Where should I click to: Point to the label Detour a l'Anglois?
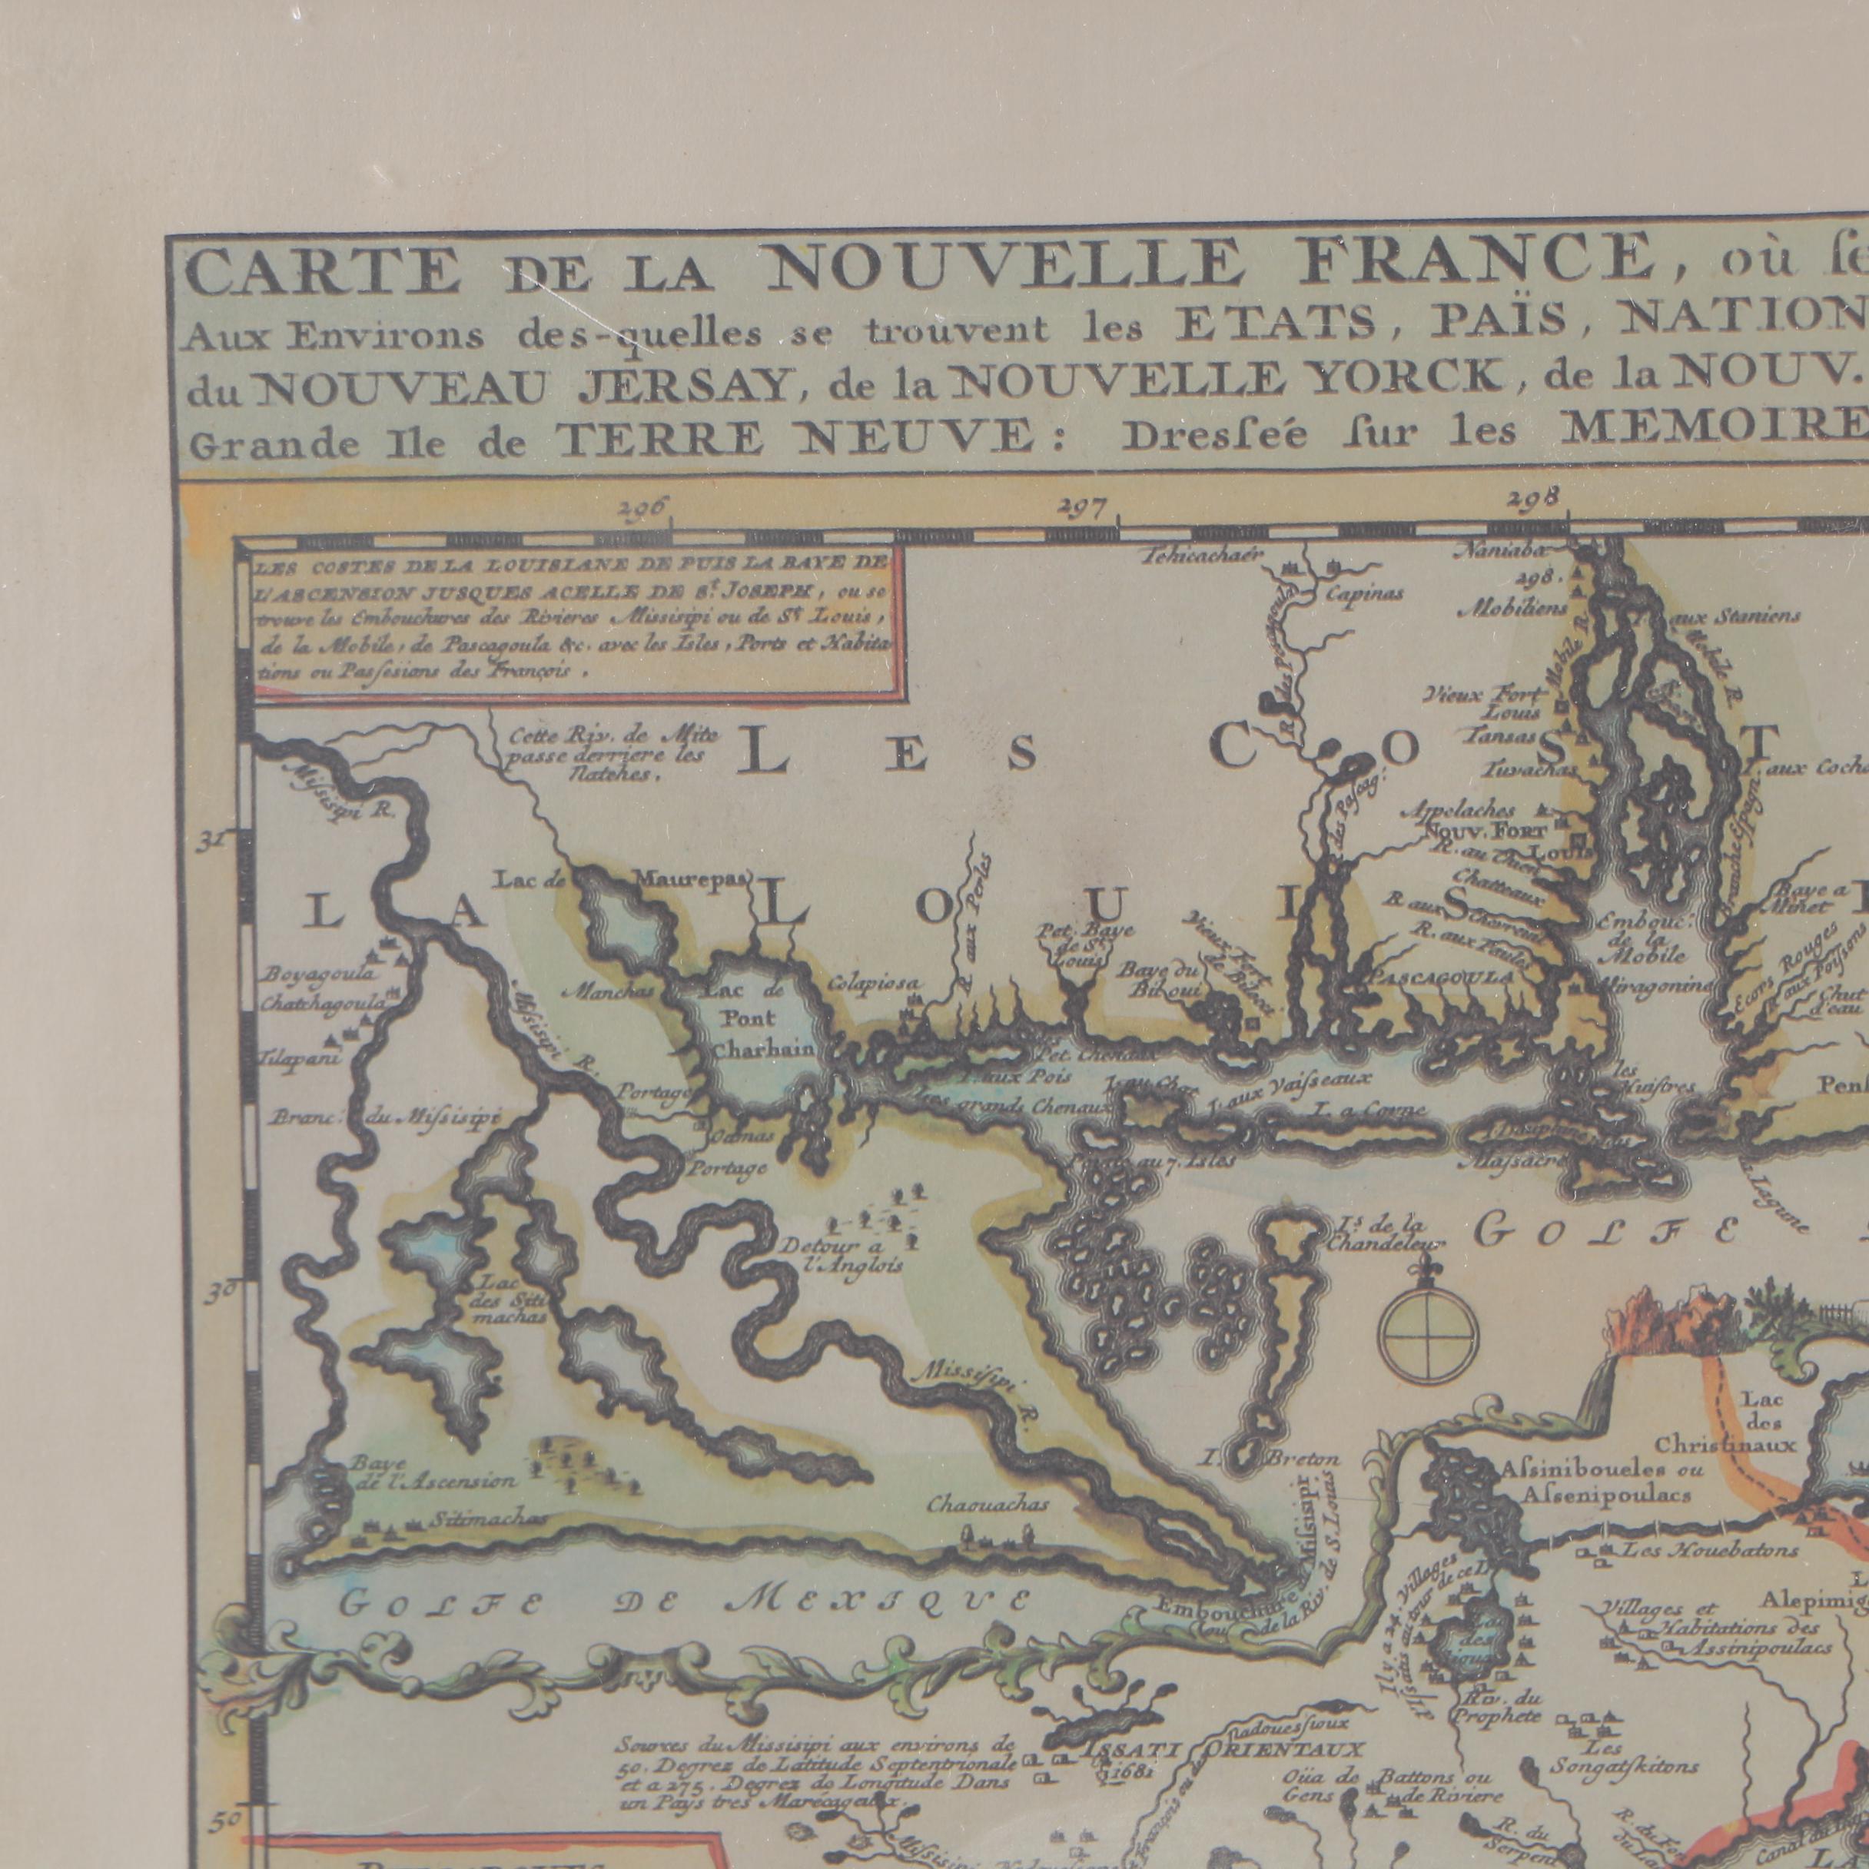[x=844, y=1253]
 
